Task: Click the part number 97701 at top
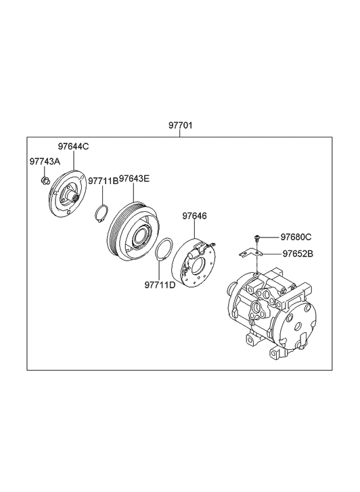coord(180,127)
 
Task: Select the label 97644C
coord(73,146)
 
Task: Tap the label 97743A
coord(45,162)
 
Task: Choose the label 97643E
coord(135,179)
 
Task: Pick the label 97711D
coord(160,284)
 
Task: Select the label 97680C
coord(296,237)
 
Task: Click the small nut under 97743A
coord(44,179)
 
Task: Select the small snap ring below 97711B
coord(101,213)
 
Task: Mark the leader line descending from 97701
coord(180,134)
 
